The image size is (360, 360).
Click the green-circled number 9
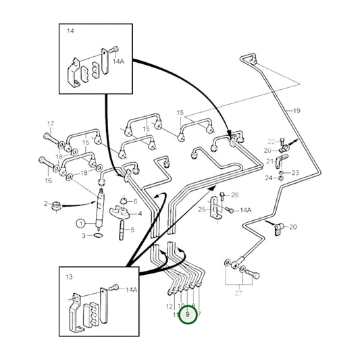tap(188, 315)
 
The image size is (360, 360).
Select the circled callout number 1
tap(80, 224)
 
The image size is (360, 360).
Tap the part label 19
tap(296, 109)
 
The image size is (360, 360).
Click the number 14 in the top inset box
tap(71, 32)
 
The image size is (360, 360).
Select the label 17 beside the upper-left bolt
tap(50, 124)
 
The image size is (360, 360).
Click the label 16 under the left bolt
tap(48, 181)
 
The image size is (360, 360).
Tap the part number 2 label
tap(47, 203)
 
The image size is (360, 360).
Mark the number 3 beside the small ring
tap(84, 235)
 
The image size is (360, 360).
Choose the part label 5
tap(132, 230)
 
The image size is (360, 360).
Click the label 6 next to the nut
tap(135, 201)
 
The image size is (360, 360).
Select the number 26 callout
tap(234, 195)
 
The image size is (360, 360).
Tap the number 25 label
tap(201, 210)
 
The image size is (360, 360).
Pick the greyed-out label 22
tap(271, 142)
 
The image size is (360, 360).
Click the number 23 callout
tap(295, 173)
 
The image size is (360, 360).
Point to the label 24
tap(268, 178)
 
